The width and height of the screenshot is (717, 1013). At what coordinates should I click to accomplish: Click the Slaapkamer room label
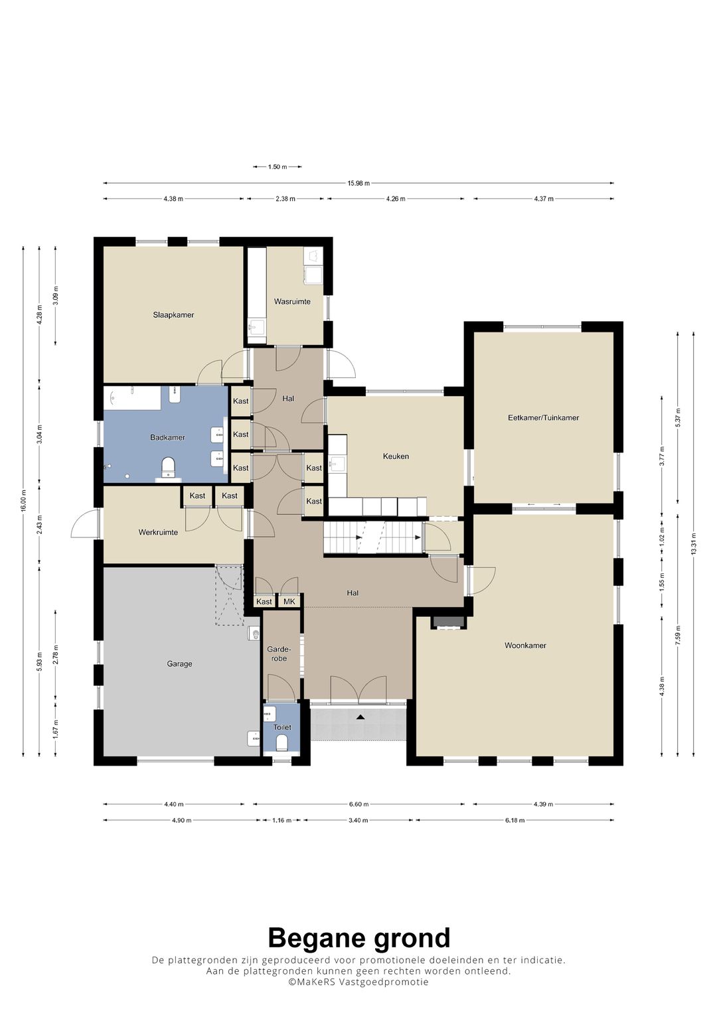[x=173, y=314]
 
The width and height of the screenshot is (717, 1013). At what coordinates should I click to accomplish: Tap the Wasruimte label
[x=292, y=302]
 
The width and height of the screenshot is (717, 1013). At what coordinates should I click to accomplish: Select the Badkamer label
[x=167, y=437]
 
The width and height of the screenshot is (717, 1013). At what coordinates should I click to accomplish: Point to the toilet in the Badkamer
[x=169, y=467]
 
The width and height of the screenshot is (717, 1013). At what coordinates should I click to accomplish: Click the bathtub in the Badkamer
[x=133, y=398]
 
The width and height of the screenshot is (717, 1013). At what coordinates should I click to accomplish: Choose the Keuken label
[x=396, y=456]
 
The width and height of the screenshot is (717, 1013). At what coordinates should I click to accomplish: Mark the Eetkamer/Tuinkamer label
[x=543, y=418]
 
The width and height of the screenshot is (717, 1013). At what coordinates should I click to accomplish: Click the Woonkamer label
[x=525, y=645]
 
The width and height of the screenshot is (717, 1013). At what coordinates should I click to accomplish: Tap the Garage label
[x=179, y=664]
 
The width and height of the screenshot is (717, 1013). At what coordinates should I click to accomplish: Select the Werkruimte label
[x=158, y=532]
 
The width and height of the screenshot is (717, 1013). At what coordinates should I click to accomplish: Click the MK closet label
[x=289, y=602]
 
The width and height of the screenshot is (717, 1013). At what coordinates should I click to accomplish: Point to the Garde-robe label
[x=279, y=653]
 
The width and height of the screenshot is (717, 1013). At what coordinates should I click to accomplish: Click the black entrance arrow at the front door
[x=360, y=716]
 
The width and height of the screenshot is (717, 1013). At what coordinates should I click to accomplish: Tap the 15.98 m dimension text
[x=358, y=183]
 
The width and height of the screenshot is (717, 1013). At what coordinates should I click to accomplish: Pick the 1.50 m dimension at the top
[x=277, y=167]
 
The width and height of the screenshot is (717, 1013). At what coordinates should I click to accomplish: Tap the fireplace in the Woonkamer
[x=448, y=622]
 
